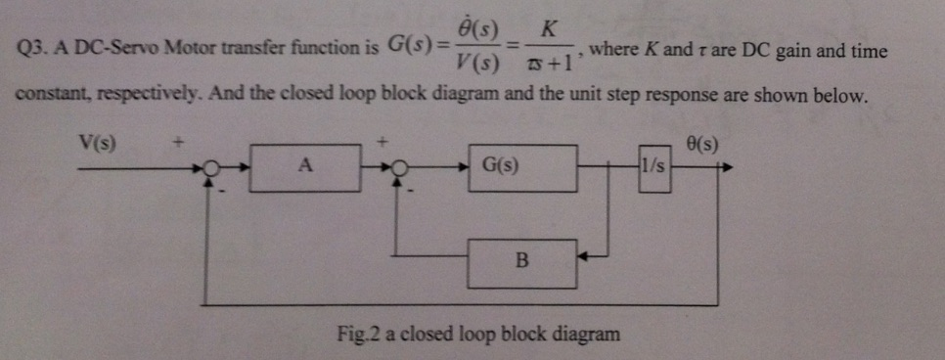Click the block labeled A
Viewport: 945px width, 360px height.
point(305,166)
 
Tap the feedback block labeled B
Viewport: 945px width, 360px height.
point(521,261)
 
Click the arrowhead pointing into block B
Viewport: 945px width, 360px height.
point(583,261)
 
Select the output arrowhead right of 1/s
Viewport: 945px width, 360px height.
point(726,167)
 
